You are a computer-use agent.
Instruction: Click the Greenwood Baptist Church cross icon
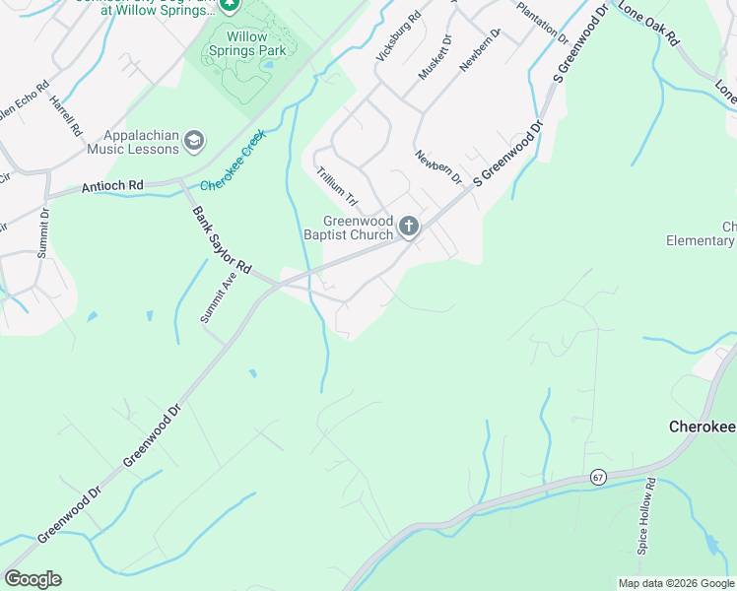point(409,229)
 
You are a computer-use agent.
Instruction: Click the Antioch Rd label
point(112,185)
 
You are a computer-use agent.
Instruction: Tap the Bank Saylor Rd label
point(223,240)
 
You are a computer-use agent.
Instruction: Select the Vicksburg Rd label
point(398,37)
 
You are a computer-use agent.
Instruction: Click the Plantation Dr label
point(543,22)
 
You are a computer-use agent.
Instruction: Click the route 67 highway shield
point(598,477)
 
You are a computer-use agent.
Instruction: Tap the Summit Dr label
point(43,233)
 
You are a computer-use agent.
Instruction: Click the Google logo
point(33,579)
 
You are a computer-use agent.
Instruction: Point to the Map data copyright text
point(675,583)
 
